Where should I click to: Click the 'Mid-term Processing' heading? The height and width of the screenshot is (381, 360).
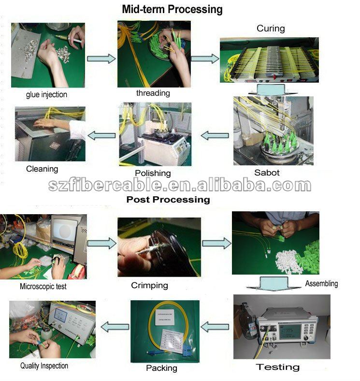pyautogui.click(x=172, y=9)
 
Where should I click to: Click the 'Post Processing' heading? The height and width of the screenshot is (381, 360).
pyautogui.click(x=168, y=199)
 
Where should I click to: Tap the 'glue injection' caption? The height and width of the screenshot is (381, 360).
pyautogui.click(x=46, y=95)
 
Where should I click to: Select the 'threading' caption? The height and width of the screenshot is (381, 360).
pyautogui.click(x=153, y=93)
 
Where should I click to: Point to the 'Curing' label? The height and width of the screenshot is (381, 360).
pyautogui.click(x=271, y=29)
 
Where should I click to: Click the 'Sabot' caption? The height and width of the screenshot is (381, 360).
pyautogui.click(x=267, y=173)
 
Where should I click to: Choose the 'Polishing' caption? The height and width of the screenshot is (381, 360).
pyautogui.click(x=153, y=173)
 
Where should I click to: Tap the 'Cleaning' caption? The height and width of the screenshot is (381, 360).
pyautogui.click(x=42, y=169)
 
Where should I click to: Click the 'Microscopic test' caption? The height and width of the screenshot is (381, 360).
pyautogui.click(x=43, y=286)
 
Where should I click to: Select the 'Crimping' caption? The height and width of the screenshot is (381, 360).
pyautogui.click(x=149, y=285)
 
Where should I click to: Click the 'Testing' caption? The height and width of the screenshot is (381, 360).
pyautogui.click(x=278, y=367)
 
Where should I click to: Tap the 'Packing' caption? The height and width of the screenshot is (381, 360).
pyautogui.click(x=161, y=368)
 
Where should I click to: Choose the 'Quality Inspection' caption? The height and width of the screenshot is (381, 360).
pyautogui.click(x=44, y=366)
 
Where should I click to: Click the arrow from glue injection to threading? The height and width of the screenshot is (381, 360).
pyautogui.click(x=101, y=59)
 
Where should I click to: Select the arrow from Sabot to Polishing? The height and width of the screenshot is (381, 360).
pyautogui.click(x=215, y=135)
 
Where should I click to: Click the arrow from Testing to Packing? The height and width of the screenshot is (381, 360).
pyautogui.click(x=215, y=327)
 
